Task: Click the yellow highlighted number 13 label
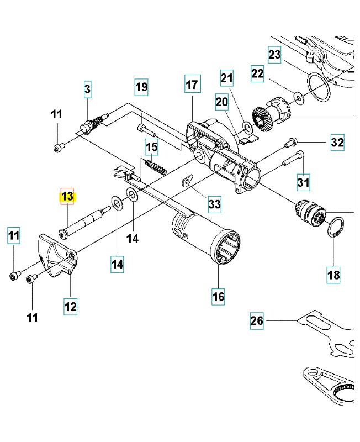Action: pyautogui.click(x=67, y=196)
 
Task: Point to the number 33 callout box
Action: pyautogui.click(x=214, y=204)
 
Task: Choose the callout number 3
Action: pyautogui.click(x=87, y=88)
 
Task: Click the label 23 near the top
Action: pyautogui.click(x=274, y=54)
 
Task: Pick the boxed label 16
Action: pyautogui.click(x=219, y=296)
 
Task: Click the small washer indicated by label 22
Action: pyautogui.click(x=299, y=99)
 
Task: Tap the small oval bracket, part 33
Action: pyautogui.click(x=187, y=180)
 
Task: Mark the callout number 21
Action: pyautogui.click(x=227, y=79)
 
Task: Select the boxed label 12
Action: pyautogui.click(x=70, y=304)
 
